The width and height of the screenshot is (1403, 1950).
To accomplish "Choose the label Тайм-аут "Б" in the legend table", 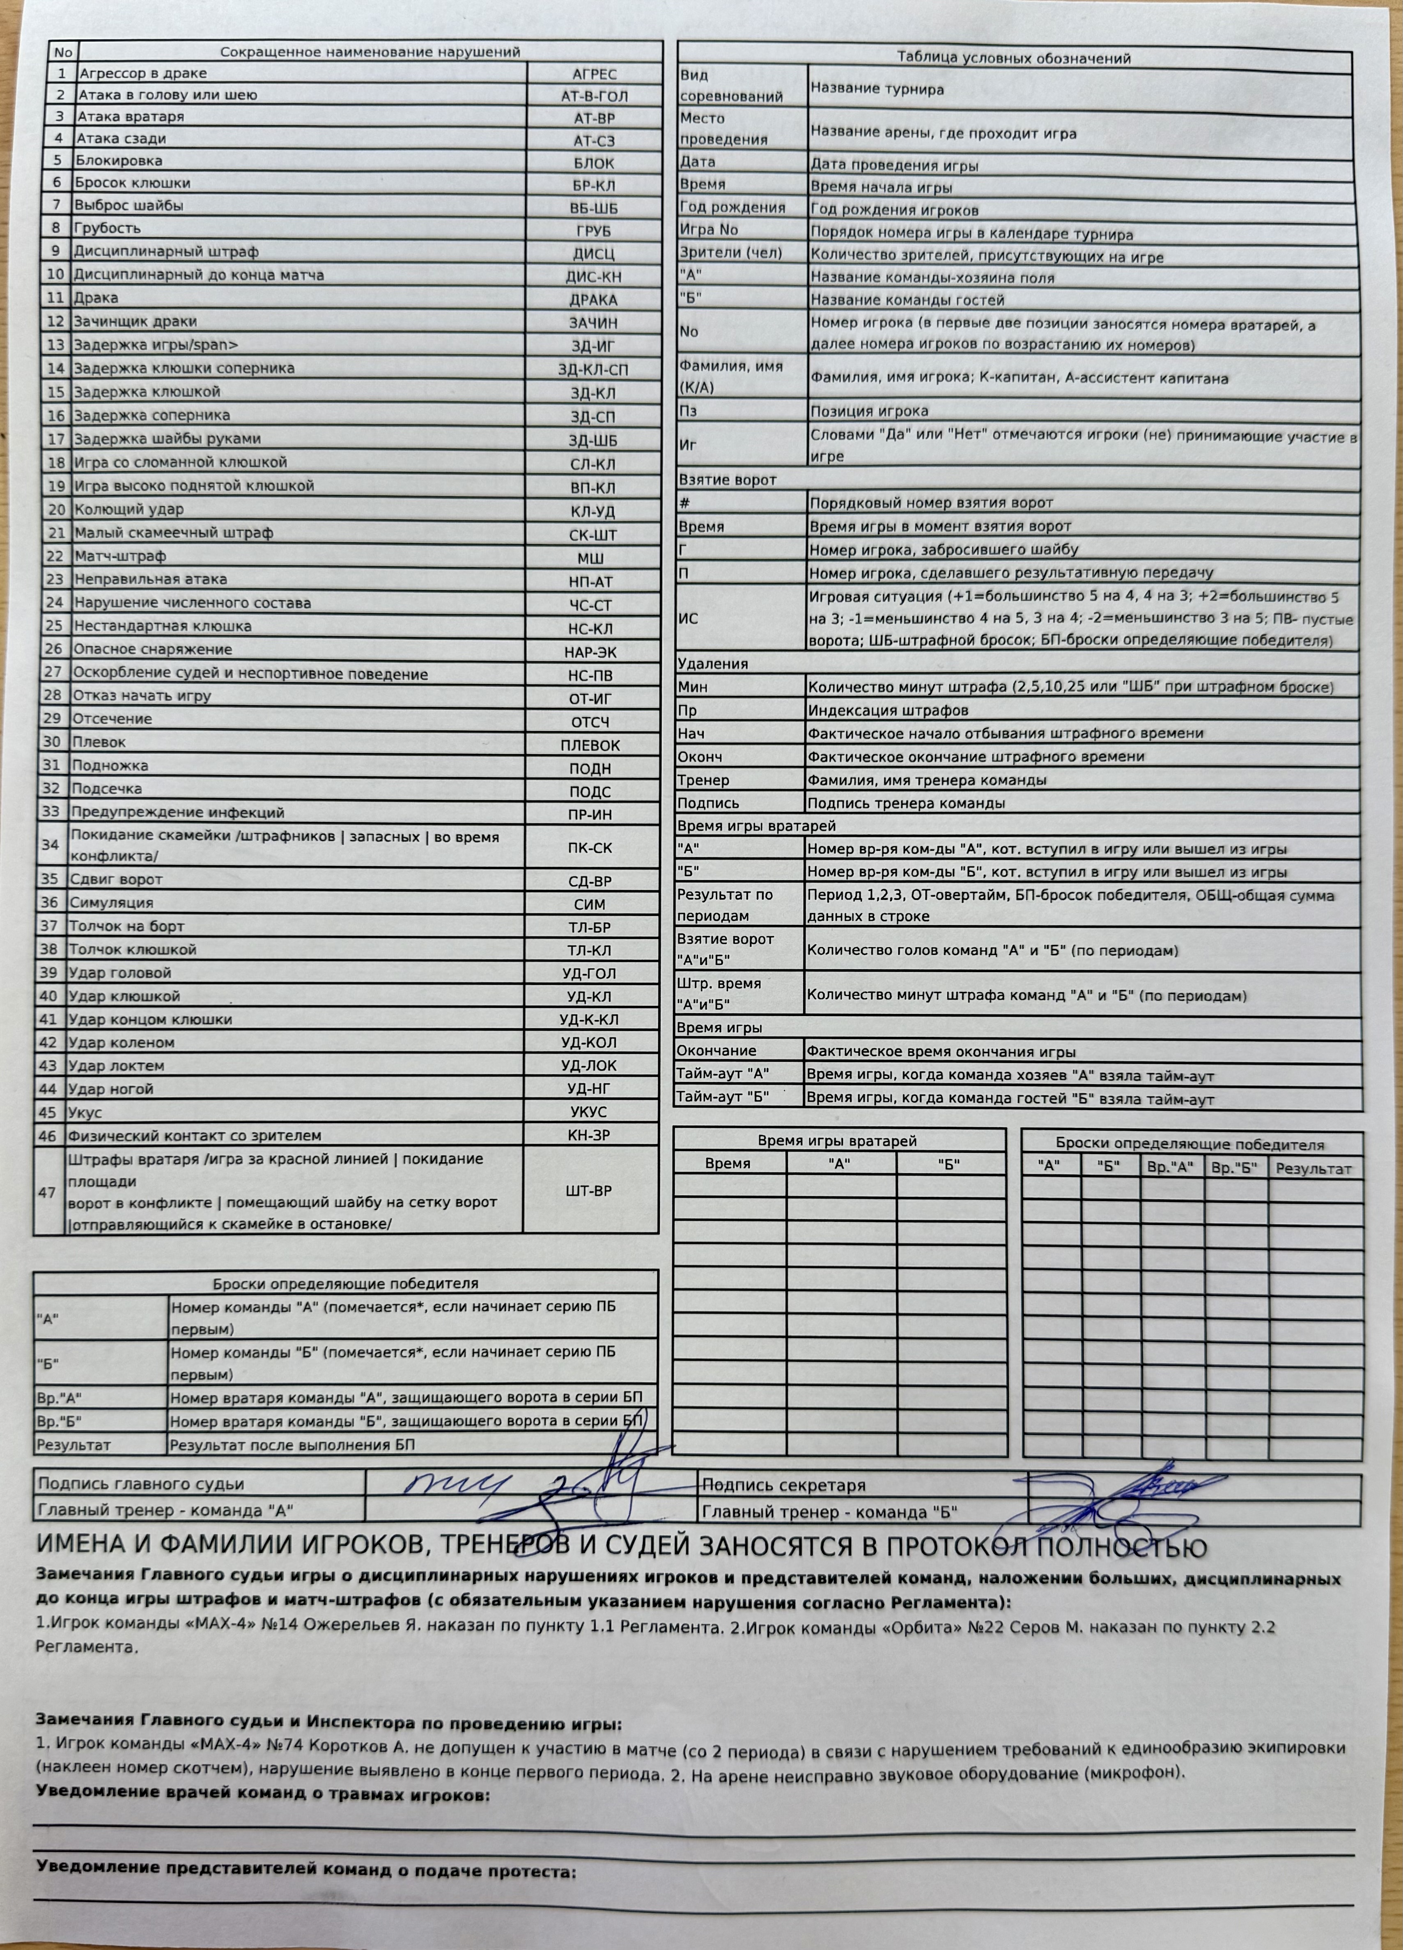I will tap(722, 1097).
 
